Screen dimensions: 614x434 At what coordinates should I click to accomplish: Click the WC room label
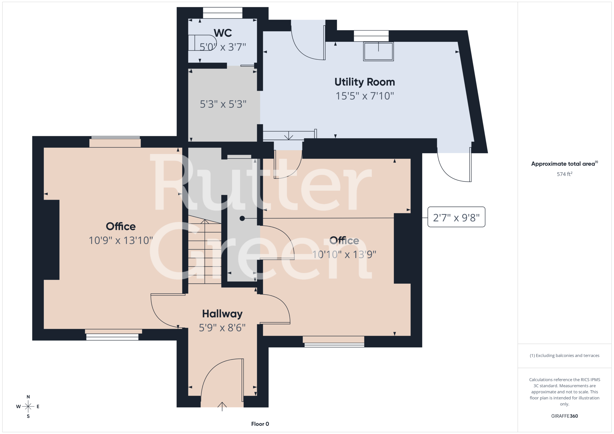223,33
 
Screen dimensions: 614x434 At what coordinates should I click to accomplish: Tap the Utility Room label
365,82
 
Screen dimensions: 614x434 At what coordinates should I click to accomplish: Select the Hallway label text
222,314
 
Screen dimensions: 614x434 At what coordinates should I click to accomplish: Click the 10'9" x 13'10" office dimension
121,240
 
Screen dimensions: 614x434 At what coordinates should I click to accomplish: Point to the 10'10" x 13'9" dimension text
344,255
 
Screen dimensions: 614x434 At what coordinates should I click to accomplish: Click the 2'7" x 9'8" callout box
456,217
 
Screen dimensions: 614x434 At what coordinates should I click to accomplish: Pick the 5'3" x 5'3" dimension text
223,104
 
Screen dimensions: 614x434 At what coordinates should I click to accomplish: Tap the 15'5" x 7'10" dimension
365,96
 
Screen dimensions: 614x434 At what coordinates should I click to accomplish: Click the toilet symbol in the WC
202,43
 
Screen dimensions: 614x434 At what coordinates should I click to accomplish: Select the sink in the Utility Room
378,51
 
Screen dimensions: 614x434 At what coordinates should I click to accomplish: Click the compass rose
28,406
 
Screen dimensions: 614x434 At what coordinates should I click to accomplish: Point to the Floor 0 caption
260,424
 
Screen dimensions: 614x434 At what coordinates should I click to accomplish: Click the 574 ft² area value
565,174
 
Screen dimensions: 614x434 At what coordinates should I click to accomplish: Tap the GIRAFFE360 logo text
565,416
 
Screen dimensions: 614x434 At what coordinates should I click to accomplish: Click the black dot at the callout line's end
242,219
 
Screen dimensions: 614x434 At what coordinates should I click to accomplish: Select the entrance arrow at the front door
222,406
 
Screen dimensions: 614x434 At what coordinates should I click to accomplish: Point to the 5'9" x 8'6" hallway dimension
222,328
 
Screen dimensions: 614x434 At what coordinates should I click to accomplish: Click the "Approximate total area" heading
564,163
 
